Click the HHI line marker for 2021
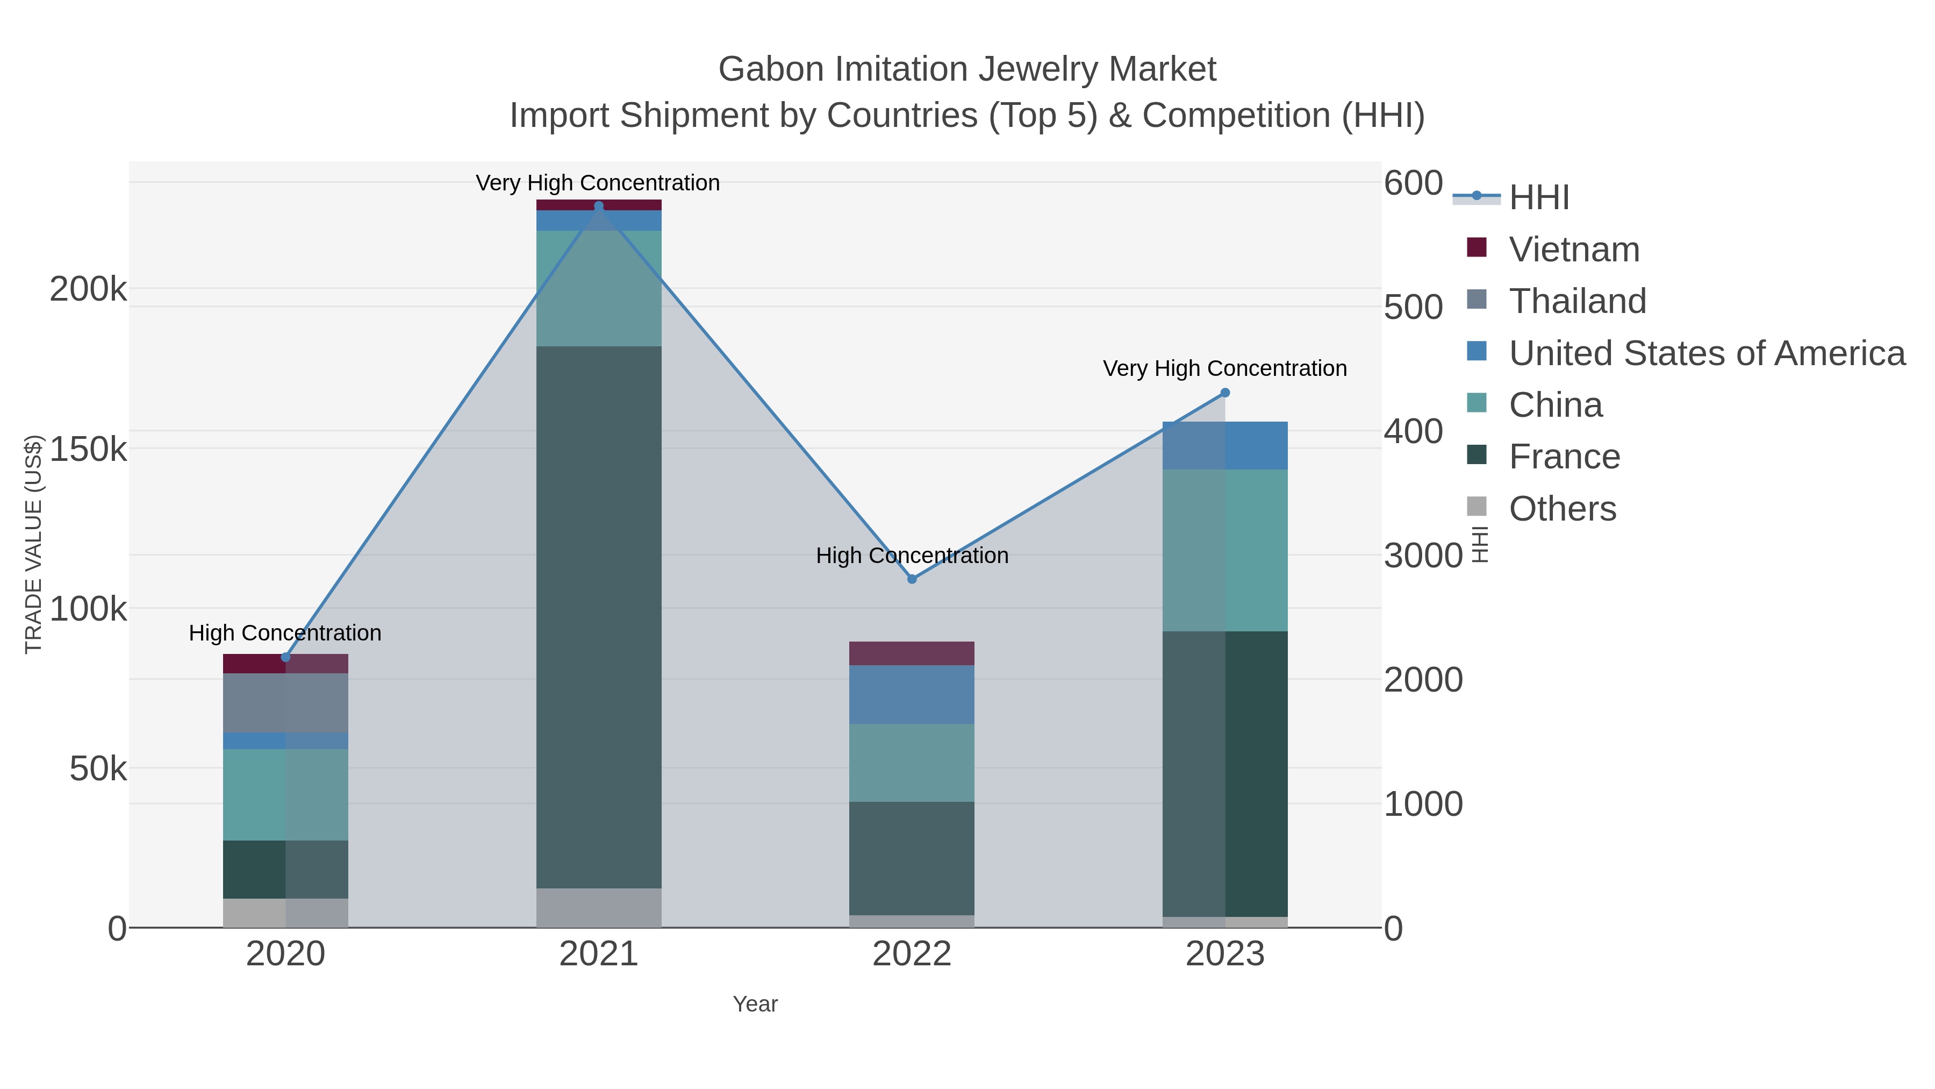599,206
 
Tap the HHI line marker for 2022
912,579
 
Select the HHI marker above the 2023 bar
1225,393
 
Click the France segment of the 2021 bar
599,616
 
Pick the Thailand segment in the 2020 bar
285,703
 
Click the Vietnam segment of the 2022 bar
912,653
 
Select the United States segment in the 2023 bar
1225,446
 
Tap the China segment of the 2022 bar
912,762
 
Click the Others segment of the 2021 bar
599,908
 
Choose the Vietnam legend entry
1574,250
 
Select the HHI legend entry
1538,198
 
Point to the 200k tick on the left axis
89,289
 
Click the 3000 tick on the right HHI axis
1423,556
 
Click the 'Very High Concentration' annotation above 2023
1224,368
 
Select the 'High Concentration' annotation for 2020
285,633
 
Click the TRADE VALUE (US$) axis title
34,544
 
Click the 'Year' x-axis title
755,1004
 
